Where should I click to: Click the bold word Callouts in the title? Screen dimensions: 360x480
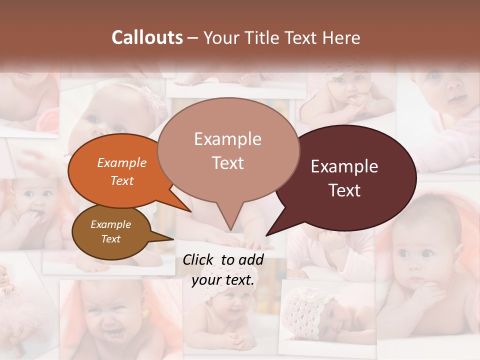click(x=147, y=37)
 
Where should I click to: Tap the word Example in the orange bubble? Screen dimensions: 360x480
click(x=122, y=163)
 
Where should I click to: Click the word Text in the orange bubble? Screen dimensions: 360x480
click(x=122, y=180)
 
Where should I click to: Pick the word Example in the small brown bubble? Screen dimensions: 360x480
click(x=110, y=224)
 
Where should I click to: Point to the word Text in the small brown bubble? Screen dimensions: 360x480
click(x=110, y=239)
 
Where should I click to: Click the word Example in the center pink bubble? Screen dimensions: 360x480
click(x=227, y=139)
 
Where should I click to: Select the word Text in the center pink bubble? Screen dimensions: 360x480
click(x=227, y=162)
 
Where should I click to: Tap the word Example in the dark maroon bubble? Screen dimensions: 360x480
click(x=344, y=166)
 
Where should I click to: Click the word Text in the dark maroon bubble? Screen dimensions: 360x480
click(x=344, y=190)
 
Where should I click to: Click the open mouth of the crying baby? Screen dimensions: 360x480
click(x=111, y=331)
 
